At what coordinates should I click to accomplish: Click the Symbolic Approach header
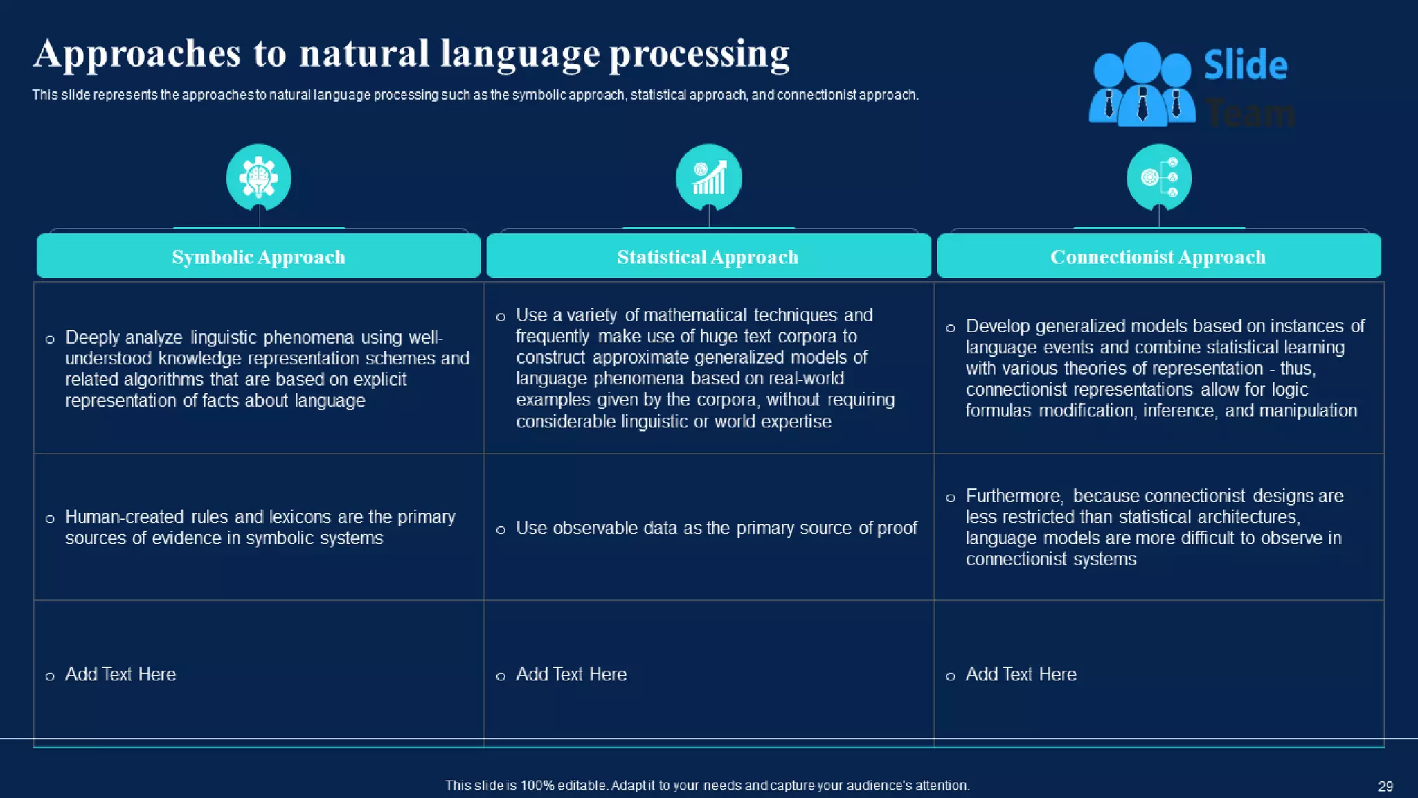258,257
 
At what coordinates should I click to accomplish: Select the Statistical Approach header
708,257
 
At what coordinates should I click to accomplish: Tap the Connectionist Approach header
1158,257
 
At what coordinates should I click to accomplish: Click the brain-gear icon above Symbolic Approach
258,177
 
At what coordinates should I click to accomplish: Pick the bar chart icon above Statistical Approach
708,177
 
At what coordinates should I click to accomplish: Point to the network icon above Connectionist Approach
1158,177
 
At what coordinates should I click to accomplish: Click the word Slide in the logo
1245,66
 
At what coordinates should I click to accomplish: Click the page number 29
1385,786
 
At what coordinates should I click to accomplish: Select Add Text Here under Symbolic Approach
120,674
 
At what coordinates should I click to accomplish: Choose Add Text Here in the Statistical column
571,674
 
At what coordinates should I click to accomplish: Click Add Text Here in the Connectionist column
1021,674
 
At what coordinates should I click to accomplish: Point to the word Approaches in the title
137,54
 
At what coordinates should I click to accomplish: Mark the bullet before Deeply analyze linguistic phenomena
50,339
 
